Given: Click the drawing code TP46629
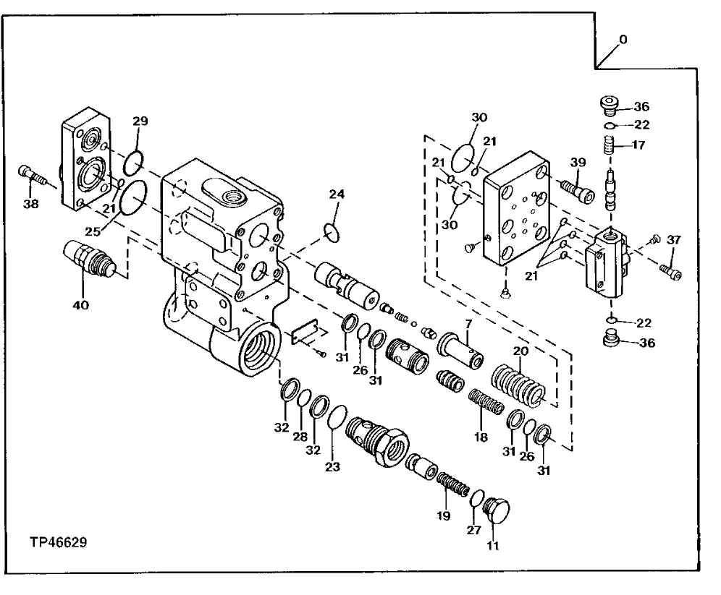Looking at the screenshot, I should click(x=59, y=542).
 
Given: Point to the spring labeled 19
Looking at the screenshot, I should click(x=450, y=482).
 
